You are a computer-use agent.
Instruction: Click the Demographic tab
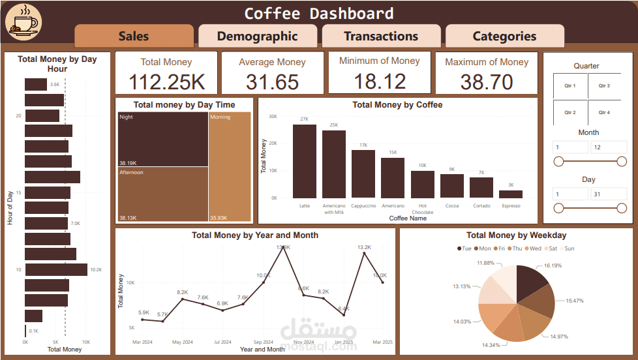[x=257, y=37]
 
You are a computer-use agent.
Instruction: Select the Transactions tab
[x=381, y=37]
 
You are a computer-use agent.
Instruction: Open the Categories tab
[x=504, y=37]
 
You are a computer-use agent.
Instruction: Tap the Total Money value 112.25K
[x=166, y=82]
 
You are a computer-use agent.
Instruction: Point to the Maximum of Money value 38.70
[x=487, y=82]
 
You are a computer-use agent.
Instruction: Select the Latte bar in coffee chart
[x=305, y=161]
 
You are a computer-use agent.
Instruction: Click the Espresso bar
[x=511, y=194]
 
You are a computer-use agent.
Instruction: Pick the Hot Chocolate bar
[x=423, y=185]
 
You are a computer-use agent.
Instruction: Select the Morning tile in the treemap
[x=230, y=166]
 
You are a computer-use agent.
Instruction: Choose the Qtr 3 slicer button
[x=604, y=86]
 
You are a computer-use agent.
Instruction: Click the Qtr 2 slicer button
[x=570, y=112]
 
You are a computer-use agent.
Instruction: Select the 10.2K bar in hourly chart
[x=56, y=269]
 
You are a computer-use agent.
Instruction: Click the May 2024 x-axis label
[x=183, y=342]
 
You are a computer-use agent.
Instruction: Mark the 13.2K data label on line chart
[x=364, y=247]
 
